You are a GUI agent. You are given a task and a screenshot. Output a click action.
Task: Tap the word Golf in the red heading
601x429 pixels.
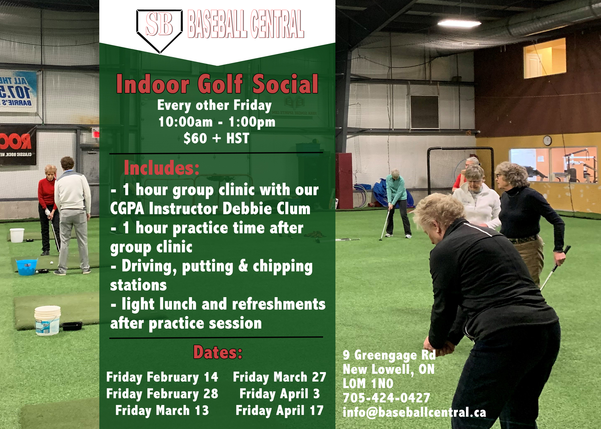(220, 84)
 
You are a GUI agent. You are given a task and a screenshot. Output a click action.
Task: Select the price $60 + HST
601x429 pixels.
(216, 138)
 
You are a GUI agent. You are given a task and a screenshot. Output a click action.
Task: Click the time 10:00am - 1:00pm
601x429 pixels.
(217, 122)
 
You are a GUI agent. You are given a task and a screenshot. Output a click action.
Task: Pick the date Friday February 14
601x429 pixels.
(162, 377)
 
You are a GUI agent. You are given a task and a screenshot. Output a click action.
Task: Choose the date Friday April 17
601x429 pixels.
(280, 411)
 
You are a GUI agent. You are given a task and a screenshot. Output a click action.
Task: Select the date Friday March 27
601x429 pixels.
(280, 377)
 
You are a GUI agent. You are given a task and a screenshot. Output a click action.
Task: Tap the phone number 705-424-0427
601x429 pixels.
(386, 398)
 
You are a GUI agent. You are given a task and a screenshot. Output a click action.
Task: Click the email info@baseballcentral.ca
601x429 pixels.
(414, 412)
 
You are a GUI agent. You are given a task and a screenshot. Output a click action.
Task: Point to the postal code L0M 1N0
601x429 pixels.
(368, 384)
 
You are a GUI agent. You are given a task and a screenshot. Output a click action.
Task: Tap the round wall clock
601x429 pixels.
(547, 140)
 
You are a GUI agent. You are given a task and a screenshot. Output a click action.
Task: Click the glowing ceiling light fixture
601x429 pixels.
(459, 23)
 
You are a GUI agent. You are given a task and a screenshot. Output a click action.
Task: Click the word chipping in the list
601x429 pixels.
(283, 267)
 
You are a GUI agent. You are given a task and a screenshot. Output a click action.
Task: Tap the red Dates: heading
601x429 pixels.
(218, 352)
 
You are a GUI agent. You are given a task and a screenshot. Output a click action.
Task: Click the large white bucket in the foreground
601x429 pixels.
(47, 320)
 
